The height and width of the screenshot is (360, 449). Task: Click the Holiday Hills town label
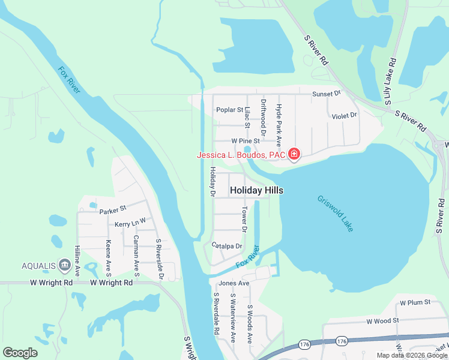256,190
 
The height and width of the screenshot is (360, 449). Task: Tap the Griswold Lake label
336,214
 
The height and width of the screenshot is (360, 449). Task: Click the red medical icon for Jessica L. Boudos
294,155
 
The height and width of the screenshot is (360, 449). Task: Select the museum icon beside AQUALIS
64,266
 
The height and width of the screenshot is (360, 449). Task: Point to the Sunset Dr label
326,94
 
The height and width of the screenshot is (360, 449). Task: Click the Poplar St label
229,110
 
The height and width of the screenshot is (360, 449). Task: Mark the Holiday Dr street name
212,182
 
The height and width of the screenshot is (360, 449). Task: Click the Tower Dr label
244,220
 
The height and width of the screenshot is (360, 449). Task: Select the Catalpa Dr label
227,245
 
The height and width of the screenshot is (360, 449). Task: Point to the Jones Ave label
234,283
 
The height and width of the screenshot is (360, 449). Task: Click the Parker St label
113,211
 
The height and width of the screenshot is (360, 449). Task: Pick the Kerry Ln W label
130,223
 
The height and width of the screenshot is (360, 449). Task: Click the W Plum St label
415,302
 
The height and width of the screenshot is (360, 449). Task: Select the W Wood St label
384,321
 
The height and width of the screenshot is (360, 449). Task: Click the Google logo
20,352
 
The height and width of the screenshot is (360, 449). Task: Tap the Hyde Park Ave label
278,119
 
